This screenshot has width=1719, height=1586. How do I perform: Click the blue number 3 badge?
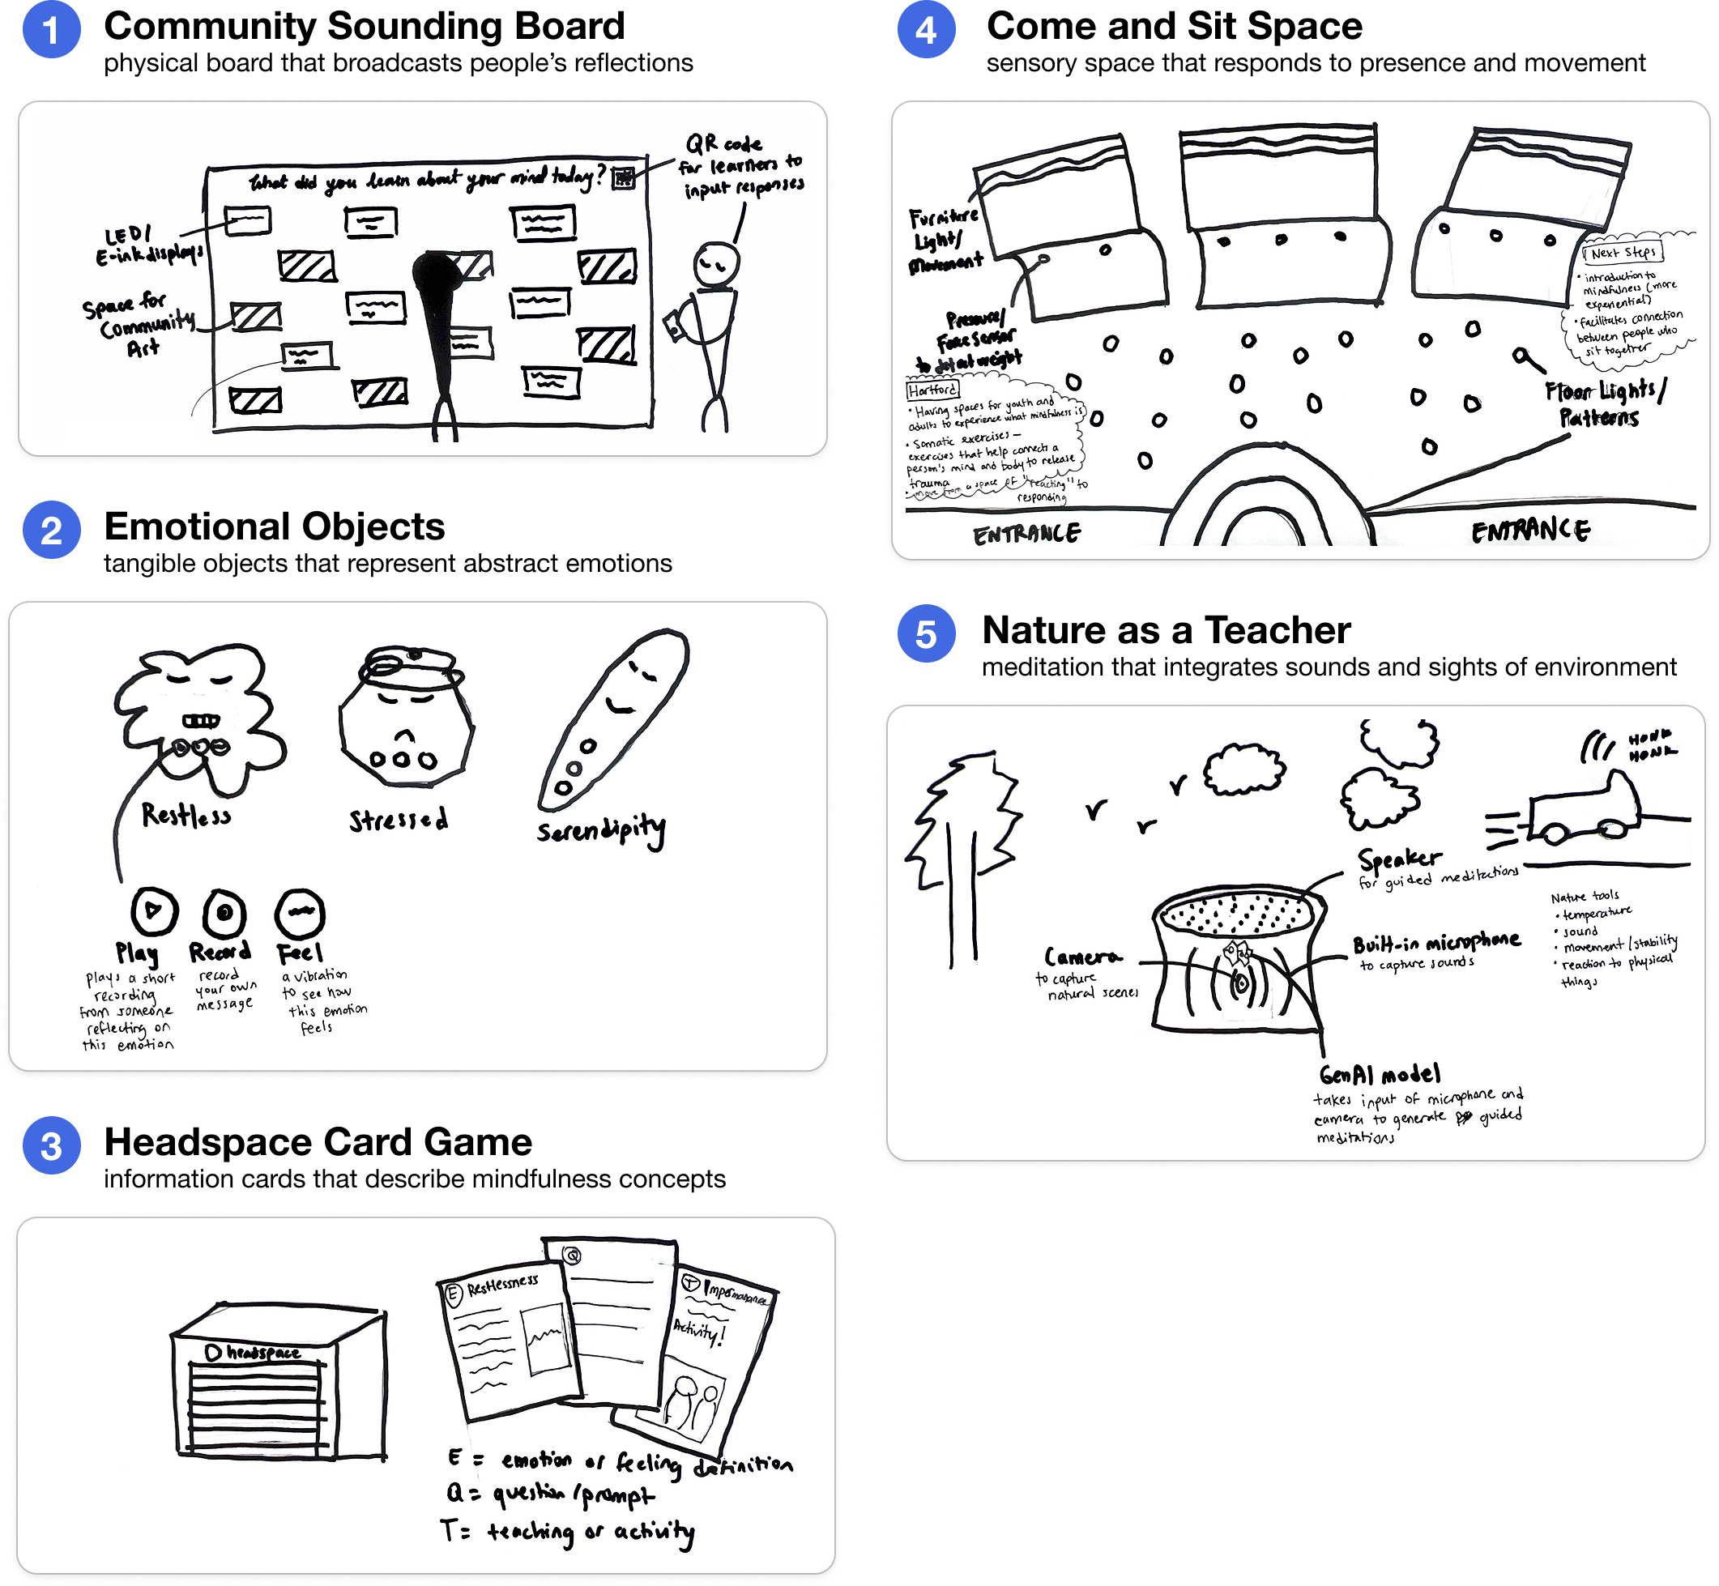[52, 1148]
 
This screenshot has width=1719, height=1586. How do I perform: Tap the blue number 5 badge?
[926, 636]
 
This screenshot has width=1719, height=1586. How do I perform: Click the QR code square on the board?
[624, 177]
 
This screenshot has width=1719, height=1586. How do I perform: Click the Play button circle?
[155, 910]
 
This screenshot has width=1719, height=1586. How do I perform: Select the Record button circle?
[225, 912]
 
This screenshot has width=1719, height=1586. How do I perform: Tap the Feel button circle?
[300, 912]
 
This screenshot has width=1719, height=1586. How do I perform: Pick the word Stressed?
[399, 821]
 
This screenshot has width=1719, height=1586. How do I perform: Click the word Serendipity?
[601, 830]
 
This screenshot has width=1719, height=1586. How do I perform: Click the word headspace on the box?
[262, 1354]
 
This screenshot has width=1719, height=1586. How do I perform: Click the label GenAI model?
[1380, 1075]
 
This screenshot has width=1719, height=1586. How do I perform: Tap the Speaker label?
[1400, 859]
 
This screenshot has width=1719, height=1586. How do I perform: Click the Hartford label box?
[932, 390]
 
